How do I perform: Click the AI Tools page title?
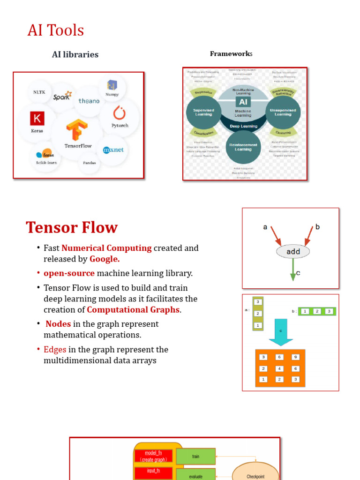(55, 30)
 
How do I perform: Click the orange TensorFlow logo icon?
(77, 130)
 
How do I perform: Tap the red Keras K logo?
(37, 119)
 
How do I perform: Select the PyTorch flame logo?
(119, 113)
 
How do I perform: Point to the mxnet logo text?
(113, 150)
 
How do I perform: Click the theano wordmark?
(89, 101)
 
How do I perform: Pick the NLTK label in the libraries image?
(39, 92)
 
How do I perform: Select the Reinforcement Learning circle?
(243, 147)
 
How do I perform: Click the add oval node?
(293, 251)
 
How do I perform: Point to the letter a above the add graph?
(265, 227)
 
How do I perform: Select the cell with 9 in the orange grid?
(295, 357)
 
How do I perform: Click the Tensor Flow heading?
(72, 227)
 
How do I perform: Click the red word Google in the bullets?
(105, 259)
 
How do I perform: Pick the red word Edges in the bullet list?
(55, 350)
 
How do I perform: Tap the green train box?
(195, 456)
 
